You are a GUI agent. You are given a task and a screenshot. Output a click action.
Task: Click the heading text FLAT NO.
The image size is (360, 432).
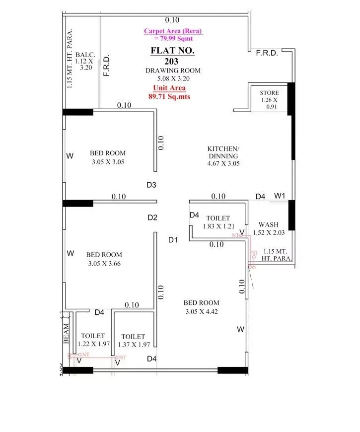pyautogui.click(x=173, y=51)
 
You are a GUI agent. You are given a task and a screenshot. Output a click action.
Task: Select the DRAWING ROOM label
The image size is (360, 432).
pyautogui.click(x=167, y=71)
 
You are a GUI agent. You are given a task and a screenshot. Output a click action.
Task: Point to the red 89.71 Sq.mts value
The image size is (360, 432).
pyautogui.click(x=169, y=97)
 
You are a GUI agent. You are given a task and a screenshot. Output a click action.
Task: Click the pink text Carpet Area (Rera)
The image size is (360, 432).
pyautogui.click(x=173, y=31)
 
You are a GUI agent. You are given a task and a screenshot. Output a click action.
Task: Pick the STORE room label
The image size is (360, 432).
pyautogui.click(x=269, y=93)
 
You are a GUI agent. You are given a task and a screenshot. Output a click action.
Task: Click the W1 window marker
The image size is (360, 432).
pyautogui.click(x=280, y=196)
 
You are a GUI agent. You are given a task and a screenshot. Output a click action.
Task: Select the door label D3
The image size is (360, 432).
pyautogui.click(x=151, y=185)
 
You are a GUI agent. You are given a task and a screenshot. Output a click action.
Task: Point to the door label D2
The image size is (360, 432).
pyautogui.click(x=152, y=217)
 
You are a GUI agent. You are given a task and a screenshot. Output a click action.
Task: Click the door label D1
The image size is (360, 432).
pyautogui.click(x=173, y=240)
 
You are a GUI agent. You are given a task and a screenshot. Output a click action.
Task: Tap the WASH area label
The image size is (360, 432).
pyautogui.click(x=268, y=224)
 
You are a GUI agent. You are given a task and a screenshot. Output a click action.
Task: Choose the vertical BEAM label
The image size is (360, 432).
pyautogui.click(x=66, y=335)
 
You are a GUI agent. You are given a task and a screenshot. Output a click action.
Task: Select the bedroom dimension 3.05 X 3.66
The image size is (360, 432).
pyautogui.click(x=104, y=264)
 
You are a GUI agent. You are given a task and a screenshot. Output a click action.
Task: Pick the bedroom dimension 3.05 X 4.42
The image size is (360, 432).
pyautogui.click(x=202, y=312)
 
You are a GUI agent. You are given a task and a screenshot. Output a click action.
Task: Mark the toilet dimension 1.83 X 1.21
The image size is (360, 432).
pyautogui.click(x=218, y=226)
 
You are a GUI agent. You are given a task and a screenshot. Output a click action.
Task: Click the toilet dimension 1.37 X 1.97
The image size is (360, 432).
pyautogui.click(x=134, y=344)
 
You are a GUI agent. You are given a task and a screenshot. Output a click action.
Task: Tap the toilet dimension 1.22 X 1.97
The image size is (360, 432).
pyautogui.click(x=93, y=344)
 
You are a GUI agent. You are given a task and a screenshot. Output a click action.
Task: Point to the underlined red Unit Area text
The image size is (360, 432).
pyautogui.click(x=169, y=88)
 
